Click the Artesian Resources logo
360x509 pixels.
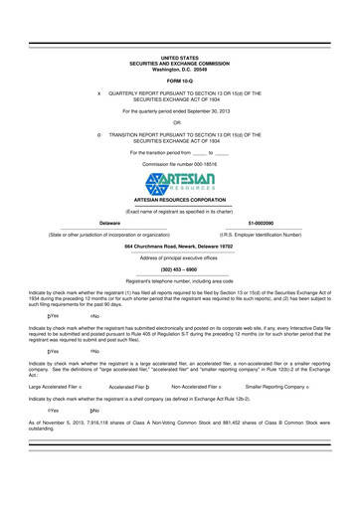coord(179,186)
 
